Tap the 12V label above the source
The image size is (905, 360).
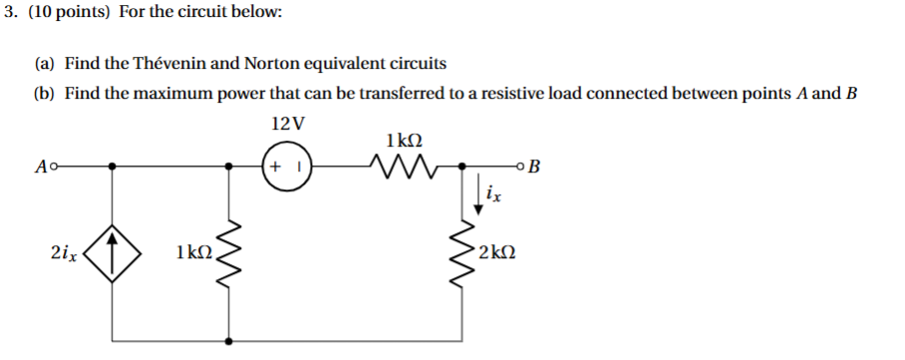coord(288,124)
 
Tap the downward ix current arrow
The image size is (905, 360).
coord(480,192)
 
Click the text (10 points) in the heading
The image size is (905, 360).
coord(65,14)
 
